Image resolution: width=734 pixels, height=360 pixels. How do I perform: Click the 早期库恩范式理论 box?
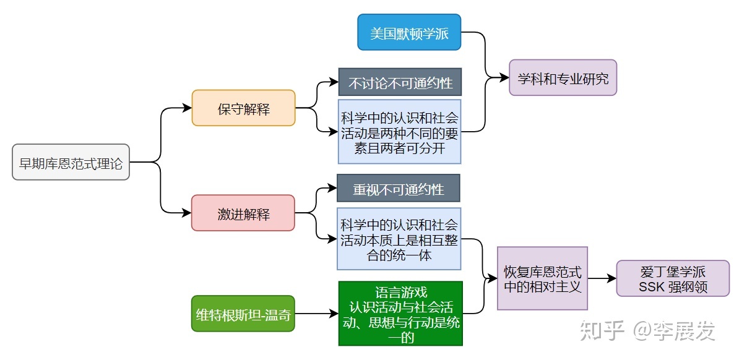coord(71,163)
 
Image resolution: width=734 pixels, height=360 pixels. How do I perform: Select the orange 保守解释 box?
coord(243,108)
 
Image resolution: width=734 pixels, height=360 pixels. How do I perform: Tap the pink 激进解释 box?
coord(243,213)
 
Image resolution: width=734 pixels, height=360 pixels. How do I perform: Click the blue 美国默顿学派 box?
coord(409,32)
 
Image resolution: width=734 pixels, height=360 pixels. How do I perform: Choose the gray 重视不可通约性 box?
coord(399,188)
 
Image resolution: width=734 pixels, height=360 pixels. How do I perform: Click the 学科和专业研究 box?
coord(563,78)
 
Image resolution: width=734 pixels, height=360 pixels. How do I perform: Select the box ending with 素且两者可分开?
coord(399,132)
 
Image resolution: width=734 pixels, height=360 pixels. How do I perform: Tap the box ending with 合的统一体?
coord(399,239)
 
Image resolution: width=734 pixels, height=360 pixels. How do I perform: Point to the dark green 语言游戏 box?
coord(400,314)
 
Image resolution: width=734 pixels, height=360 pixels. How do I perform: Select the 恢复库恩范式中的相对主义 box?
coord(542,278)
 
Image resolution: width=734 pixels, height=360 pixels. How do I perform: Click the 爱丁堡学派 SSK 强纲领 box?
coord(673,279)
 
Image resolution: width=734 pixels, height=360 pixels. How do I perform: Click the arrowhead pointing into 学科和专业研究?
coord(504,78)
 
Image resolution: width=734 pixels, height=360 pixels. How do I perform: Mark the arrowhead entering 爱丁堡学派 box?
coord(612,278)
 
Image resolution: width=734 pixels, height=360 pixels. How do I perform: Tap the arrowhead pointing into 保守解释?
coord(188,108)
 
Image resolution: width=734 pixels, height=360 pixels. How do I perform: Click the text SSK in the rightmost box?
coord(652,287)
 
